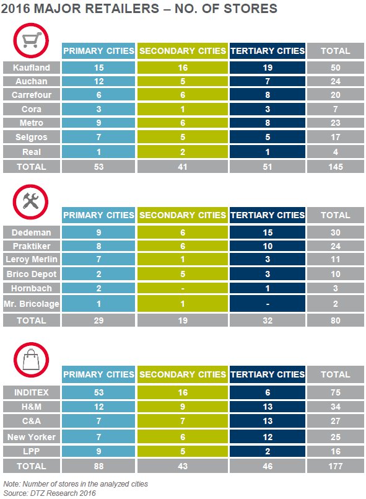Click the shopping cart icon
(x=31, y=40)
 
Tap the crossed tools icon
(x=31, y=201)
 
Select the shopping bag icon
(x=31, y=360)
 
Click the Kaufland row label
(x=32, y=68)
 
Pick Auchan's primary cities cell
(x=98, y=81)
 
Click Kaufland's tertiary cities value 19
(x=268, y=68)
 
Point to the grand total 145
(x=336, y=167)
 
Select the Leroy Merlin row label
(x=32, y=259)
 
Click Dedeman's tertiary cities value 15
(x=268, y=232)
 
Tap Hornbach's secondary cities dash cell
(x=183, y=288)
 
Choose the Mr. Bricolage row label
(x=32, y=304)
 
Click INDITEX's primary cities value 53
(x=98, y=392)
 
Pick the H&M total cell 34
(x=336, y=407)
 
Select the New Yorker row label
(x=32, y=436)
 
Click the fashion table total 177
(x=336, y=466)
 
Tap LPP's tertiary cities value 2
(x=268, y=451)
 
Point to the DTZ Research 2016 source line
(x=50, y=493)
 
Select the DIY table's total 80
(x=336, y=320)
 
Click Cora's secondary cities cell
(x=183, y=109)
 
